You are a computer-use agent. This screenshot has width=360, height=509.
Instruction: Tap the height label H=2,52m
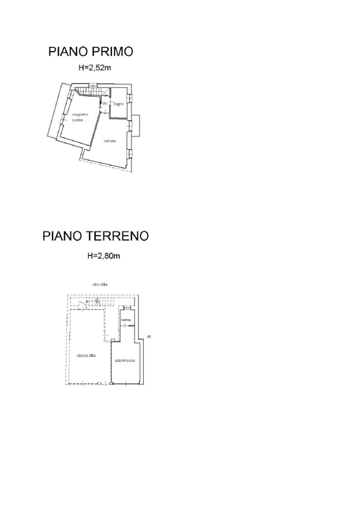[x=95, y=68]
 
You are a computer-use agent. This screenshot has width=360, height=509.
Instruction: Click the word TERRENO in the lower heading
[x=117, y=236]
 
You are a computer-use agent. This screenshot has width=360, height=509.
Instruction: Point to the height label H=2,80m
[x=104, y=256]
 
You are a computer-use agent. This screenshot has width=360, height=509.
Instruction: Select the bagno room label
[x=118, y=104]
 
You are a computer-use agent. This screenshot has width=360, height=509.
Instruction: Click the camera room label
[x=109, y=141]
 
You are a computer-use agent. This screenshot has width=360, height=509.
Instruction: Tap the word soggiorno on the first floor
[x=80, y=114]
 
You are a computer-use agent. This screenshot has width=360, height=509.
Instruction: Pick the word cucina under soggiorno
[x=77, y=120]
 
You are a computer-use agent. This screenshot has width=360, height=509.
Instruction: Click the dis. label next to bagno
[x=105, y=103]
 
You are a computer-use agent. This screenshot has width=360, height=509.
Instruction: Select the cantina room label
[x=126, y=320]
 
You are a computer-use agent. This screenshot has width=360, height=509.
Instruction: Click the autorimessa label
[x=125, y=360]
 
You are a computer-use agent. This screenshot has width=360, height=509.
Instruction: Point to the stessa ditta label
[x=86, y=355]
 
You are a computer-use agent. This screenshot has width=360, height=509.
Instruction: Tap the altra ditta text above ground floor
[x=100, y=285]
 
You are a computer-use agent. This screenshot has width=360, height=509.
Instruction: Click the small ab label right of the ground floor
[x=149, y=337]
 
